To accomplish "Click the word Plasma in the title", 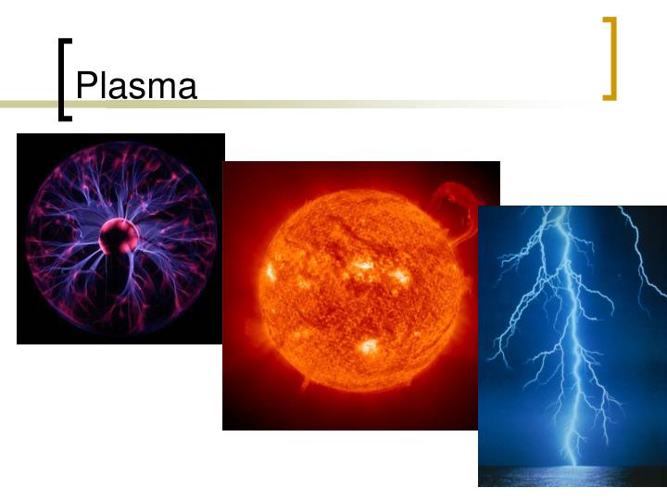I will [136, 86].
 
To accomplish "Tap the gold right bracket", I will [610, 58].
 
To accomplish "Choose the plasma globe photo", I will [120, 238].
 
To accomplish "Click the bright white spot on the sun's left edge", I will [271, 271].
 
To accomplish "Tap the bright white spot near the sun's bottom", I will [369, 347].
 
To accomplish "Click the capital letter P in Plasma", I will [85, 86].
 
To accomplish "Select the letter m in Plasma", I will [162, 89].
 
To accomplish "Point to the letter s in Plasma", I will [139, 89].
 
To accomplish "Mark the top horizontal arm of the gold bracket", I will [609, 20].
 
